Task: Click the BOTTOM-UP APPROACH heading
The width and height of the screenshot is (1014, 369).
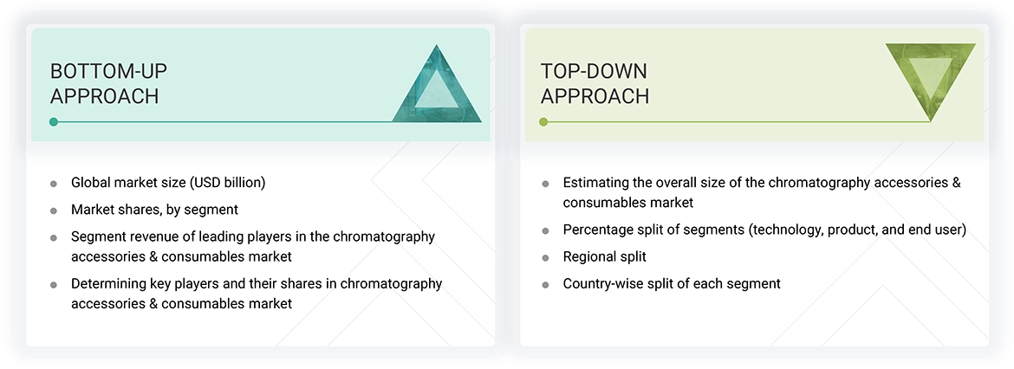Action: pos(104,83)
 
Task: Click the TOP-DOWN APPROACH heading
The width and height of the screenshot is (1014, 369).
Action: pos(595,83)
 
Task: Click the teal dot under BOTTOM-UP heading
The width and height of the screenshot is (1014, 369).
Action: pos(54,122)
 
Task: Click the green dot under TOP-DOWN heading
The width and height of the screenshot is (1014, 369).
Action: pos(543,122)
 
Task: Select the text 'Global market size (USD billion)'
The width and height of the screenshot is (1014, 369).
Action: pos(168,183)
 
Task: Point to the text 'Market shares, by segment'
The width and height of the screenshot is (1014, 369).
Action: pos(154,209)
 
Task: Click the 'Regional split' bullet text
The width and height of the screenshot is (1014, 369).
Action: pos(604,256)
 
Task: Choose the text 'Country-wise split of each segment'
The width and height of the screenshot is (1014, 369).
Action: pos(672,283)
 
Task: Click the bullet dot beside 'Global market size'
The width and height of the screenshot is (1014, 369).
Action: pos(54,184)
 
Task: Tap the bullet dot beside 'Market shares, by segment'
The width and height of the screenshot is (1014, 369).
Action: pos(54,210)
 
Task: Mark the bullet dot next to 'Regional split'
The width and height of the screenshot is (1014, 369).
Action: pos(545,257)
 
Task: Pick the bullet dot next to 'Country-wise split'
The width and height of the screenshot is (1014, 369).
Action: pos(545,284)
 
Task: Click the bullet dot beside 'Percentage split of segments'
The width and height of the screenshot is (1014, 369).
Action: pos(545,230)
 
